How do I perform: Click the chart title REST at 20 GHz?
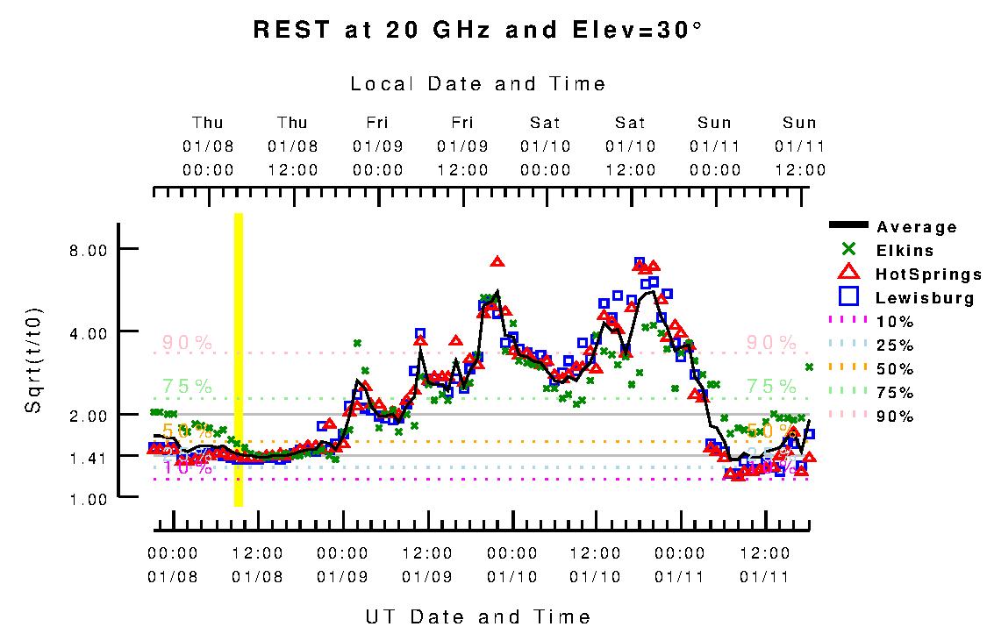click(x=478, y=30)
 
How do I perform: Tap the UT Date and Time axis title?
click(x=478, y=616)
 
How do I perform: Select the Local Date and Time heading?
click(x=478, y=84)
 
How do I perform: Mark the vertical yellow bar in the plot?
click(x=239, y=360)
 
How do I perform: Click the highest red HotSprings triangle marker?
click(x=497, y=261)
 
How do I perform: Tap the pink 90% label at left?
click(x=187, y=343)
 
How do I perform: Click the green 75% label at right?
click(x=771, y=385)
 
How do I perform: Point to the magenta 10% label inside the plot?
click(x=188, y=468)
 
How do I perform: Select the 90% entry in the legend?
click(x=895, y=416)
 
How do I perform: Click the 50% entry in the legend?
click(x=895, y=368)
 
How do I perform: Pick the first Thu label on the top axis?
click(x=208, y=123)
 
